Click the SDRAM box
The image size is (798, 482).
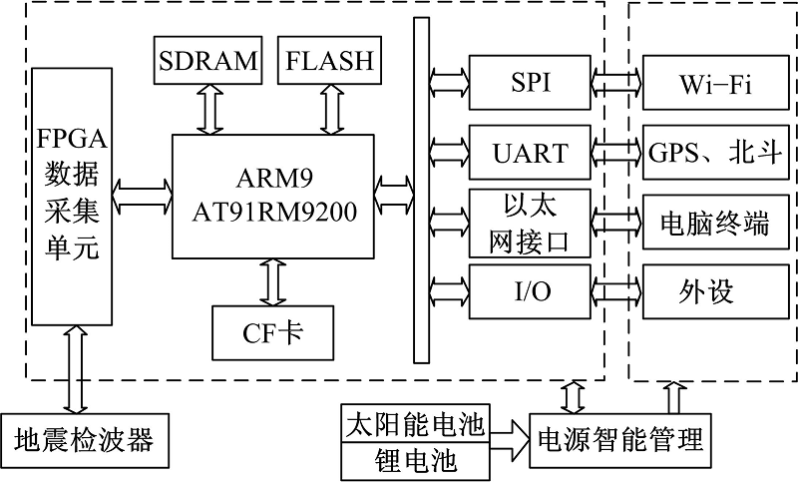point(207,61)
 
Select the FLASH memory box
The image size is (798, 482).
point(329,61)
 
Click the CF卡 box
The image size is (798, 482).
point(271,332)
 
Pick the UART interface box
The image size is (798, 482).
point(529,153)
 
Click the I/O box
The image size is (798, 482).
point(529,290)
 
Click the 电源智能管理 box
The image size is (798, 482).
point(620,440)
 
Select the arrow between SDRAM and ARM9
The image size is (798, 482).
point(209,109)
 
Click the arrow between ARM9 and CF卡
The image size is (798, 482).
point(271,282)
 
